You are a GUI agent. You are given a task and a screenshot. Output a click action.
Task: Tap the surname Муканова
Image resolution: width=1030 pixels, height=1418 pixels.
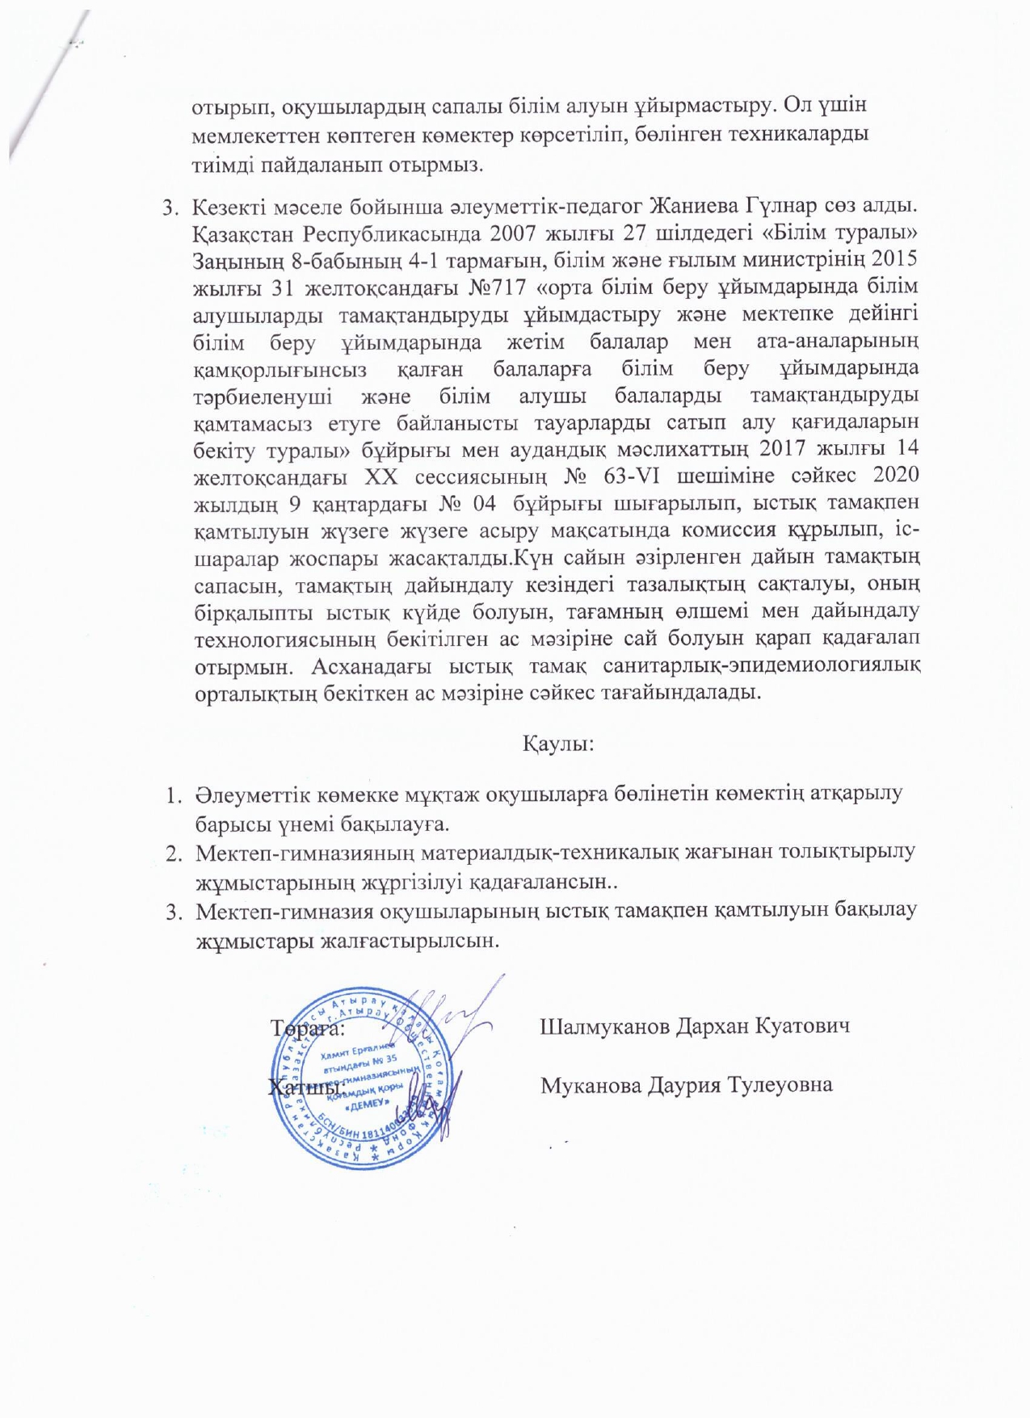tap(591, 1084)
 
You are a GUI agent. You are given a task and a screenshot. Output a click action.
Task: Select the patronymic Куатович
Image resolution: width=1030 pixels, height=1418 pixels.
tap(804, 1027)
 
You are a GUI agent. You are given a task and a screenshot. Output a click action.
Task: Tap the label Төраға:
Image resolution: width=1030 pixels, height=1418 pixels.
tap(309, 1029)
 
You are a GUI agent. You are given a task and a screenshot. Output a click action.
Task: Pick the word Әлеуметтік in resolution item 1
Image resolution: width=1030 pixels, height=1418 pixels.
tap(250, 795)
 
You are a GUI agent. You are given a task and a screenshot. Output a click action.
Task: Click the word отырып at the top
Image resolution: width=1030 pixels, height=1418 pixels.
tap(221, 107)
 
